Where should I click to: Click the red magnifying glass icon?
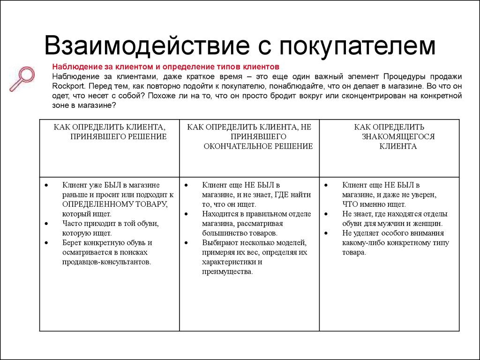coord(22,78)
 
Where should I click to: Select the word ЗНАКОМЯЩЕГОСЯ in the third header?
coord(398,136)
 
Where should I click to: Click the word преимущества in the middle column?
coord(227,271)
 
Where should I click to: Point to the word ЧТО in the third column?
coord(351,204)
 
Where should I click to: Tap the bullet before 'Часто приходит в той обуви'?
coord(46,223)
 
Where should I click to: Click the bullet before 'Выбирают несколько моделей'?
coord(186,242)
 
